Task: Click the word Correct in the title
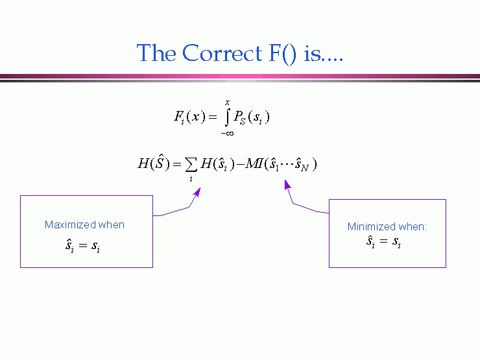click(x=222, y=53)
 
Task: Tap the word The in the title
click(x=156, y=53)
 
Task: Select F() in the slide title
click(x=283, y=54)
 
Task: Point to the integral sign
click(x=227, y=117)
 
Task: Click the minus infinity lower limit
click(x=227, y=133)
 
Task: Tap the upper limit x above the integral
click(x=227, y=102)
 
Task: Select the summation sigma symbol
click(x=191, y=165)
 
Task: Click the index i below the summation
click(x=191, y=179)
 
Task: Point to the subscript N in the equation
click(x=304, y=168)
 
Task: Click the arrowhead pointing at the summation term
click(x=198, y=192)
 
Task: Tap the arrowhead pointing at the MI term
click(x=287, y=185)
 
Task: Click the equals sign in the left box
click(x=83, y=245)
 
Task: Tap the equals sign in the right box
click(x=383, y=241)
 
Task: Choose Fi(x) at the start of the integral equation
click(x=190, y=116)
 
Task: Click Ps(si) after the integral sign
click(x=251, y=117)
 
